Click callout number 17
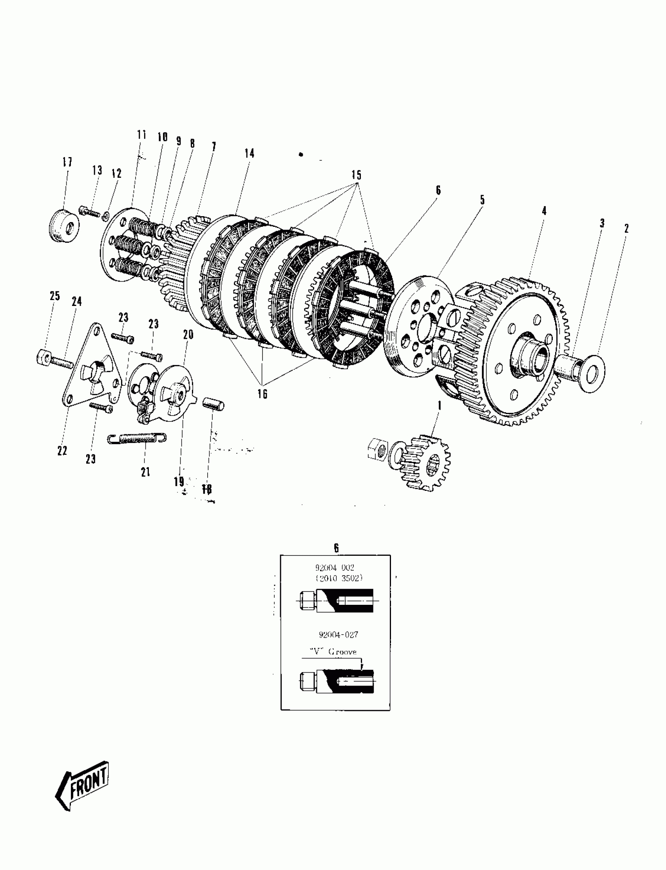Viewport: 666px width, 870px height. pyautogui.click(x=67, y=162)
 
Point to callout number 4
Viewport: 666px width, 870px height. pyautogui.click(x=544, y=211)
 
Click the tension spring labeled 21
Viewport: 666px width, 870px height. pyautogui.click(x=137, y=438)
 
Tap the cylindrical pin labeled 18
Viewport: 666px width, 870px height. pyautogui.click(x=214, y=406)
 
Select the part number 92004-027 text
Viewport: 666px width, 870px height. pyautogui.click(x=338, y=635)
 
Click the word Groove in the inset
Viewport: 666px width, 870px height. pyautogui.click(x=342, y=652)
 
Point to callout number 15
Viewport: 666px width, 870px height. pyautogui.click(x=356, y=175)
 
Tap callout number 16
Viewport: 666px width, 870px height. pyautogui.click(x=262, y=394)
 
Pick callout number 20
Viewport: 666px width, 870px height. pyautogui.click(x=188, y=335)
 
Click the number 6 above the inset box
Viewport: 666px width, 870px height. pyautogui.click(x=336, y=548)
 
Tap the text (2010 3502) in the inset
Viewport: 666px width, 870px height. pyautogui.click(x=339, y=578)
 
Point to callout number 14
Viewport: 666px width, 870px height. pyautogui.click(x=249, y=154)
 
